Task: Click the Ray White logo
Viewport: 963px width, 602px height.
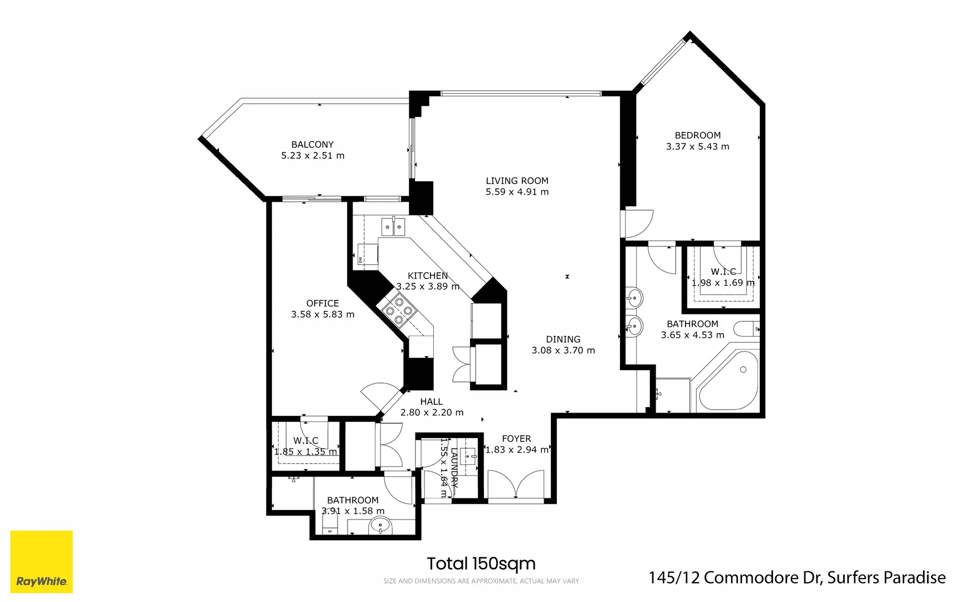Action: click(42, 561)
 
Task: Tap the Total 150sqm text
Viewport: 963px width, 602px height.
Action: click(481, 564)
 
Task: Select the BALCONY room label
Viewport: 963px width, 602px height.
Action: click(312, 144)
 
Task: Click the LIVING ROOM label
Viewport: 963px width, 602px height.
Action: click(517, 181)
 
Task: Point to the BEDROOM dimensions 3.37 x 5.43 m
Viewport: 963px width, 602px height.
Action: click(697, 147)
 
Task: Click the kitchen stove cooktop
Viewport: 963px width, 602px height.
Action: click(399, 310)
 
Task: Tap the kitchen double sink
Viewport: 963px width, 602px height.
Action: click(394, 226)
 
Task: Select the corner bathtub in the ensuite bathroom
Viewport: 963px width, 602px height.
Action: click(729, 381)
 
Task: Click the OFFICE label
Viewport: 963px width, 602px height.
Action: click(322, 303)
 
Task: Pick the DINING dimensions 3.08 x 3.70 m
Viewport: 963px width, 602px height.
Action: click(563, 351)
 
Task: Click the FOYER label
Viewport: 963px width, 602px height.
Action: click(516, 439)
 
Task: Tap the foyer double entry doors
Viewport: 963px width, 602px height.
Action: click(516, 485)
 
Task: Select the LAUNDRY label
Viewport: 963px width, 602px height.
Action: click(454, 468)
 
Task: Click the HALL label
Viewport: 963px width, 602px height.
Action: click(432, 401)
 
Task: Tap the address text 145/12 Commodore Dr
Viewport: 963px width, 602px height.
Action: click(735, 577)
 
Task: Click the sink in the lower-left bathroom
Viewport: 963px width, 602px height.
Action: click(381, 525)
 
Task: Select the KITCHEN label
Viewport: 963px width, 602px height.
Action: click(428, 275)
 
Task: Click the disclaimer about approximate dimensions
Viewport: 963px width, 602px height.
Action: click(481, 581)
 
